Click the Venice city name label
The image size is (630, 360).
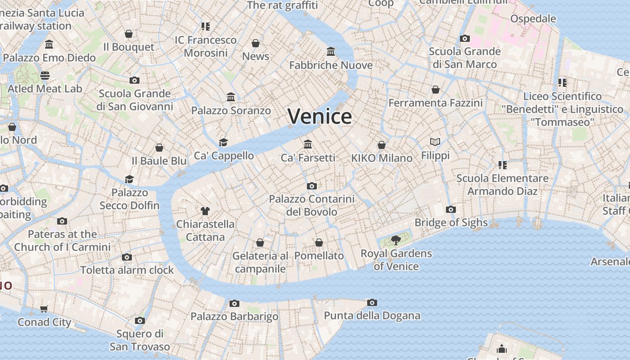click(319, 117)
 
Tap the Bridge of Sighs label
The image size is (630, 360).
click(451, 222)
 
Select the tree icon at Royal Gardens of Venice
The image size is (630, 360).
click(396, 240)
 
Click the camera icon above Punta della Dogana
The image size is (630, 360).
click(372, 302)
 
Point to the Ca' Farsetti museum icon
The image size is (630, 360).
click(308, 144)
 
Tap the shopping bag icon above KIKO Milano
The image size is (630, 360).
click(382, 145)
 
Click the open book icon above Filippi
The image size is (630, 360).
click(435, 142)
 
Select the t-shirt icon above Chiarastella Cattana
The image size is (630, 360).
click(205, 211)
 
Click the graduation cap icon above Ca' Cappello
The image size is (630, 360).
click(224, 143)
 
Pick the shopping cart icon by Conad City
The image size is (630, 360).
click(44, 309)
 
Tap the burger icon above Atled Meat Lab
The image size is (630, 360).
click(45, 75)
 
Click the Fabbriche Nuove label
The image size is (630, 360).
click(331, 65)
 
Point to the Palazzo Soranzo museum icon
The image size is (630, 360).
click(231, 97)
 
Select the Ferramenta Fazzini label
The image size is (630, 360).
click(435, 103)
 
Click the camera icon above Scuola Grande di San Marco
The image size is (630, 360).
click(465, 39)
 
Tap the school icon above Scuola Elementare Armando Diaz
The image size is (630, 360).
click(502, 165)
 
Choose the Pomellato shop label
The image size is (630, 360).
click(319, 256)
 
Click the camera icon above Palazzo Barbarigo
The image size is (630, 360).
click(234, 303)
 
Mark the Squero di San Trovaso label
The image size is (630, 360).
click(140, 340)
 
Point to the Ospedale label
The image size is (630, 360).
click(533, 19)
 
